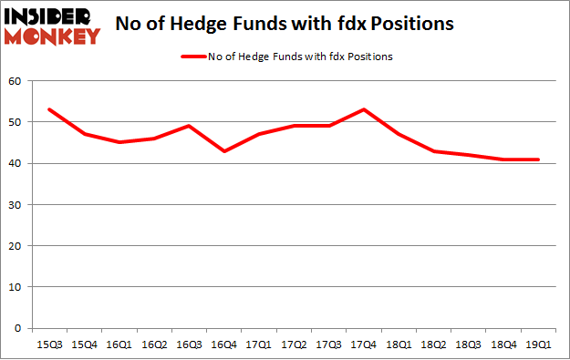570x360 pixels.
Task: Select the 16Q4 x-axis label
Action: point(224,345)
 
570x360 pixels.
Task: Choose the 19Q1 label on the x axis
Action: point(539,345)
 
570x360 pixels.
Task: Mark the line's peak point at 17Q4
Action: point(364,109)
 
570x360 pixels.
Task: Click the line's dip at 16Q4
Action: point(224,150)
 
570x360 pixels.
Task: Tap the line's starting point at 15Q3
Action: point(49,109)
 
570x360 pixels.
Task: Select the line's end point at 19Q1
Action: point(539,159)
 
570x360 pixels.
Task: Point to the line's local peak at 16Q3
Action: point(189,126)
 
